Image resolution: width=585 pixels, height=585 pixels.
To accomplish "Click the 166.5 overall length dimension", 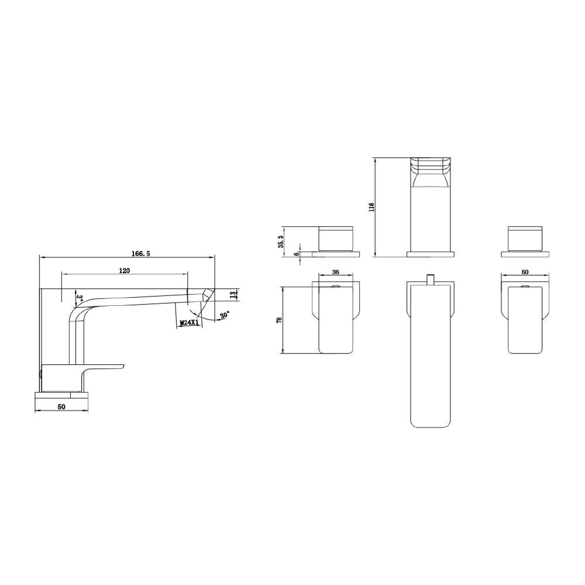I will coord(142,253).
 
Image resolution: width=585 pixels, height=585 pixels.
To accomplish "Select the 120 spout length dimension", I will coord(124,270).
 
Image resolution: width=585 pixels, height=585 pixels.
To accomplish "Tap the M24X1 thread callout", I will coord(188,322).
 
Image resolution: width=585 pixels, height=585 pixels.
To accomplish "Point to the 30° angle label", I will coord(225,315).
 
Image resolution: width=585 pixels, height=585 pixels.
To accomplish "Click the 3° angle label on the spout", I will coord(79,298).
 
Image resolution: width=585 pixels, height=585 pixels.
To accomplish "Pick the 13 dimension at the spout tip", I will coord(233,294).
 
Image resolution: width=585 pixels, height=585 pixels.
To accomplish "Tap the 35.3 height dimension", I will coord(281,241).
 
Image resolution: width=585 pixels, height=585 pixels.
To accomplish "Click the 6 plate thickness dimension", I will coord(297,253).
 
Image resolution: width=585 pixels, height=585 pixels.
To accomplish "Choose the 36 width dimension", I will coord(336,272).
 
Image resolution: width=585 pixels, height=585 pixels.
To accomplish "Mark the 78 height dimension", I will coord(280,319).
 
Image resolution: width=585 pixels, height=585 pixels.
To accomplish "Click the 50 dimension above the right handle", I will coord(525,272).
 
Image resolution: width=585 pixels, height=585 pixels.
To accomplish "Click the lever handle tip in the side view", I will coord(121,367).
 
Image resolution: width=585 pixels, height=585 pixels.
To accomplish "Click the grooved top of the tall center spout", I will coord(431,167).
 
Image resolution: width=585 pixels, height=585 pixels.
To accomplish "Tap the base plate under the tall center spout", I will coord(431,254).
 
